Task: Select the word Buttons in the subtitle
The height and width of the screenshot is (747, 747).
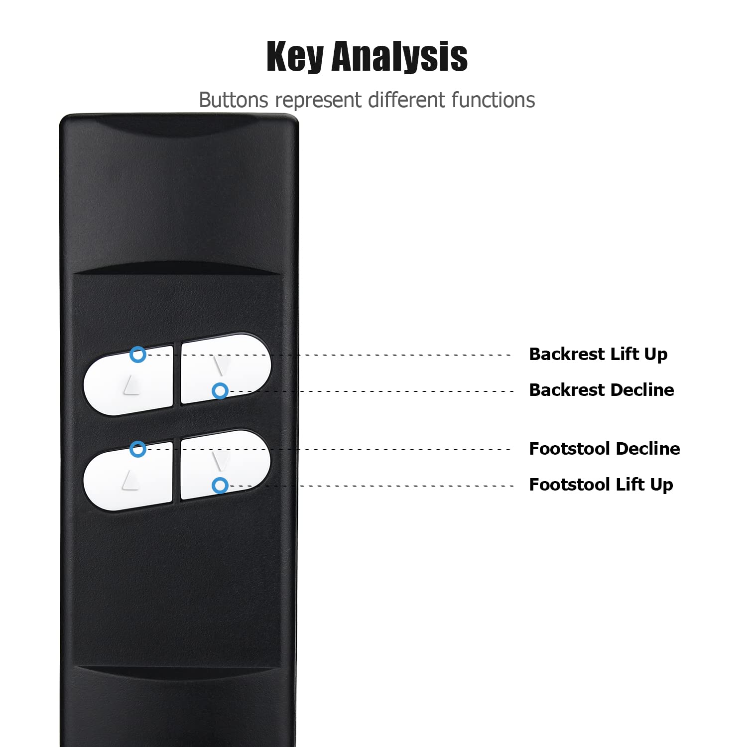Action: point(234,100)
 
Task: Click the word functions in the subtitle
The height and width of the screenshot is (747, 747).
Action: point(493,100)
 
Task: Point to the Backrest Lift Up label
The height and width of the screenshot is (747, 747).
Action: point(598,354)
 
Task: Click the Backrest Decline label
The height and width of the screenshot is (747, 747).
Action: point(602,389)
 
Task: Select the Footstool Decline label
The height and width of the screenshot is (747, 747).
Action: point(605,448)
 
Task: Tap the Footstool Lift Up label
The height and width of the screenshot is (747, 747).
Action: point(601,485)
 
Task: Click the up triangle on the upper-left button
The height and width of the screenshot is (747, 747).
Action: point(131,385)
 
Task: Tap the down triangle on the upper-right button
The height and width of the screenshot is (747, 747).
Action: point(221,365)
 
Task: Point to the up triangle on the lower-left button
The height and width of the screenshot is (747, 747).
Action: point(131,480)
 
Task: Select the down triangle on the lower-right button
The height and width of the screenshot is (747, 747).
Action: point(220,461)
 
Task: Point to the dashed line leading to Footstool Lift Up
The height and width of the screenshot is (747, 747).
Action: point(371,486)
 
